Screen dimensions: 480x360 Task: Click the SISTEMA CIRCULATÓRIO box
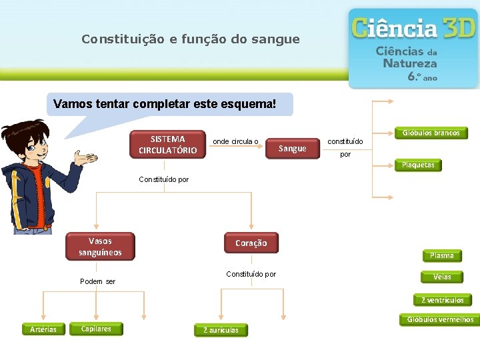coord(167,145)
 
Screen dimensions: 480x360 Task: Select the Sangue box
coord(292,149)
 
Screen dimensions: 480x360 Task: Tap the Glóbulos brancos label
coord(431,133)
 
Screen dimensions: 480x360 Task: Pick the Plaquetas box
coord(418,165)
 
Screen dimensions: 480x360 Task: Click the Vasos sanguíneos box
coord(100,247)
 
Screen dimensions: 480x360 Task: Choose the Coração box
coord(251,243)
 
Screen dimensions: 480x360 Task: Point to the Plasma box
coord(441,255)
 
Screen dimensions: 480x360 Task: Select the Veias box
coord(441,277)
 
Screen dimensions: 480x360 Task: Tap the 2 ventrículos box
coord(442,300)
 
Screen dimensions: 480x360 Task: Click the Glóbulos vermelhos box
coord(440,319)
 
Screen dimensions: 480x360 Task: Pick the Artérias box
coord(43,329)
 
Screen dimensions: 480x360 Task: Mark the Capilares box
coord(96,329)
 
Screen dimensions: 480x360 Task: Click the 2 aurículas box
coord(221,330)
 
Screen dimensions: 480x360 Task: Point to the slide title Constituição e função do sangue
coord(191,39)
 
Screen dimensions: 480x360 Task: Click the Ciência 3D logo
coord(413,48)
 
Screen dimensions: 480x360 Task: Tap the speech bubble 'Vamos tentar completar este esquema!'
coord(164,105)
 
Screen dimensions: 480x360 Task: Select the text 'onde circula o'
coord(235,141)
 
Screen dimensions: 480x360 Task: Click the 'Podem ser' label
coord(97,281)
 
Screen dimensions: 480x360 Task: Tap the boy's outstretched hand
coord(85,160)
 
